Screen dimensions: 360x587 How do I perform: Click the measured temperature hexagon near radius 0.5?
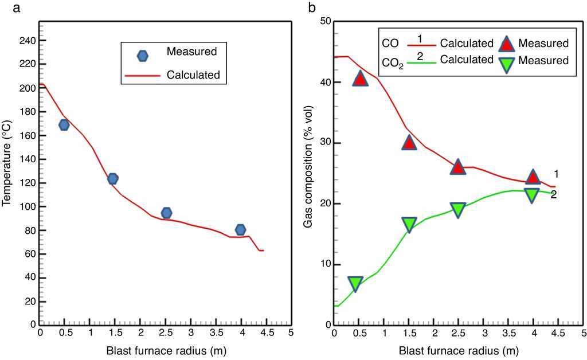(64, 125)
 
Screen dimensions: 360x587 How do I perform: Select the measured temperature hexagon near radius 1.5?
(112, 179)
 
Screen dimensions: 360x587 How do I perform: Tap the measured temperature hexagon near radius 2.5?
(166, 213)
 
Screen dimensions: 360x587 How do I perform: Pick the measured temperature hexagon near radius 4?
(241, 230)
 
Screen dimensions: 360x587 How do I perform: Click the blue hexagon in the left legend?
(143, 56)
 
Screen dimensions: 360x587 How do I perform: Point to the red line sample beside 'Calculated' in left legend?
(143, 75)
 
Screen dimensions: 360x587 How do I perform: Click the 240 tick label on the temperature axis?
(25, 41)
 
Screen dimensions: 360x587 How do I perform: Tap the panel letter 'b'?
(312, 7)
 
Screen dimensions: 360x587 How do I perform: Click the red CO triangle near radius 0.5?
(360, 79)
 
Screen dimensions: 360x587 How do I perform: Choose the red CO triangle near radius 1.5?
(409, 142)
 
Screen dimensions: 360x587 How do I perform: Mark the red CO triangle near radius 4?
(533, 177)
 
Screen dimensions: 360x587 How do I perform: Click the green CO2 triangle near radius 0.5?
(355, 283)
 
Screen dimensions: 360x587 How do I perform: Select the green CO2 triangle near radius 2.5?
(457, 210)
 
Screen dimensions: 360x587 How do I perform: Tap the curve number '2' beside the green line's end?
(554, 195)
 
